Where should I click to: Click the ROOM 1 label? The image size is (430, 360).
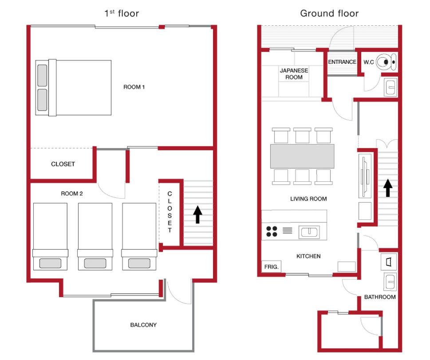[134, 87]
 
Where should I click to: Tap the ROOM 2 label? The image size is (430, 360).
[71, 194]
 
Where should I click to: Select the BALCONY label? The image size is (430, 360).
[143, 325]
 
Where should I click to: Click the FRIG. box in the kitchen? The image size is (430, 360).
[271, 266]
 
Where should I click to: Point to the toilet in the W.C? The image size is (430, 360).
[386, 62]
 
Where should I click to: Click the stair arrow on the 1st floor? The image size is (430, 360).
[197, 215]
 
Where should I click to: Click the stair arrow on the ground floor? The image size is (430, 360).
[388, 188]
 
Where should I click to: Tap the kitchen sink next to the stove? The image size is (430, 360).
[309, 232]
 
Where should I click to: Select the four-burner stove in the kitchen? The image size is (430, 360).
[272, 231]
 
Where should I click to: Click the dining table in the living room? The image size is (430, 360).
[302, 156]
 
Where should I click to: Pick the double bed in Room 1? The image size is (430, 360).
[73, 88]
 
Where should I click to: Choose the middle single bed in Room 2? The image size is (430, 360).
[95, 237]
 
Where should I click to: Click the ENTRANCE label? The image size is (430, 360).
[342, 62]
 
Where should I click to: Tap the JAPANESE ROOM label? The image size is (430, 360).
[294, 74]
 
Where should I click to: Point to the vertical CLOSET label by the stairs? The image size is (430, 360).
[170, 212]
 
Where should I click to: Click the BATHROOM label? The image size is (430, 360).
[380, 297]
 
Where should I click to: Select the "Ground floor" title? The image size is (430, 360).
[329, 13]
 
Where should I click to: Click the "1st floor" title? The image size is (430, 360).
[122, 13]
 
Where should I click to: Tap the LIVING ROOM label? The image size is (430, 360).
[308, 199]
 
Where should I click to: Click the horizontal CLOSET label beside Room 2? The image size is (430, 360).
[63, 164]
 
